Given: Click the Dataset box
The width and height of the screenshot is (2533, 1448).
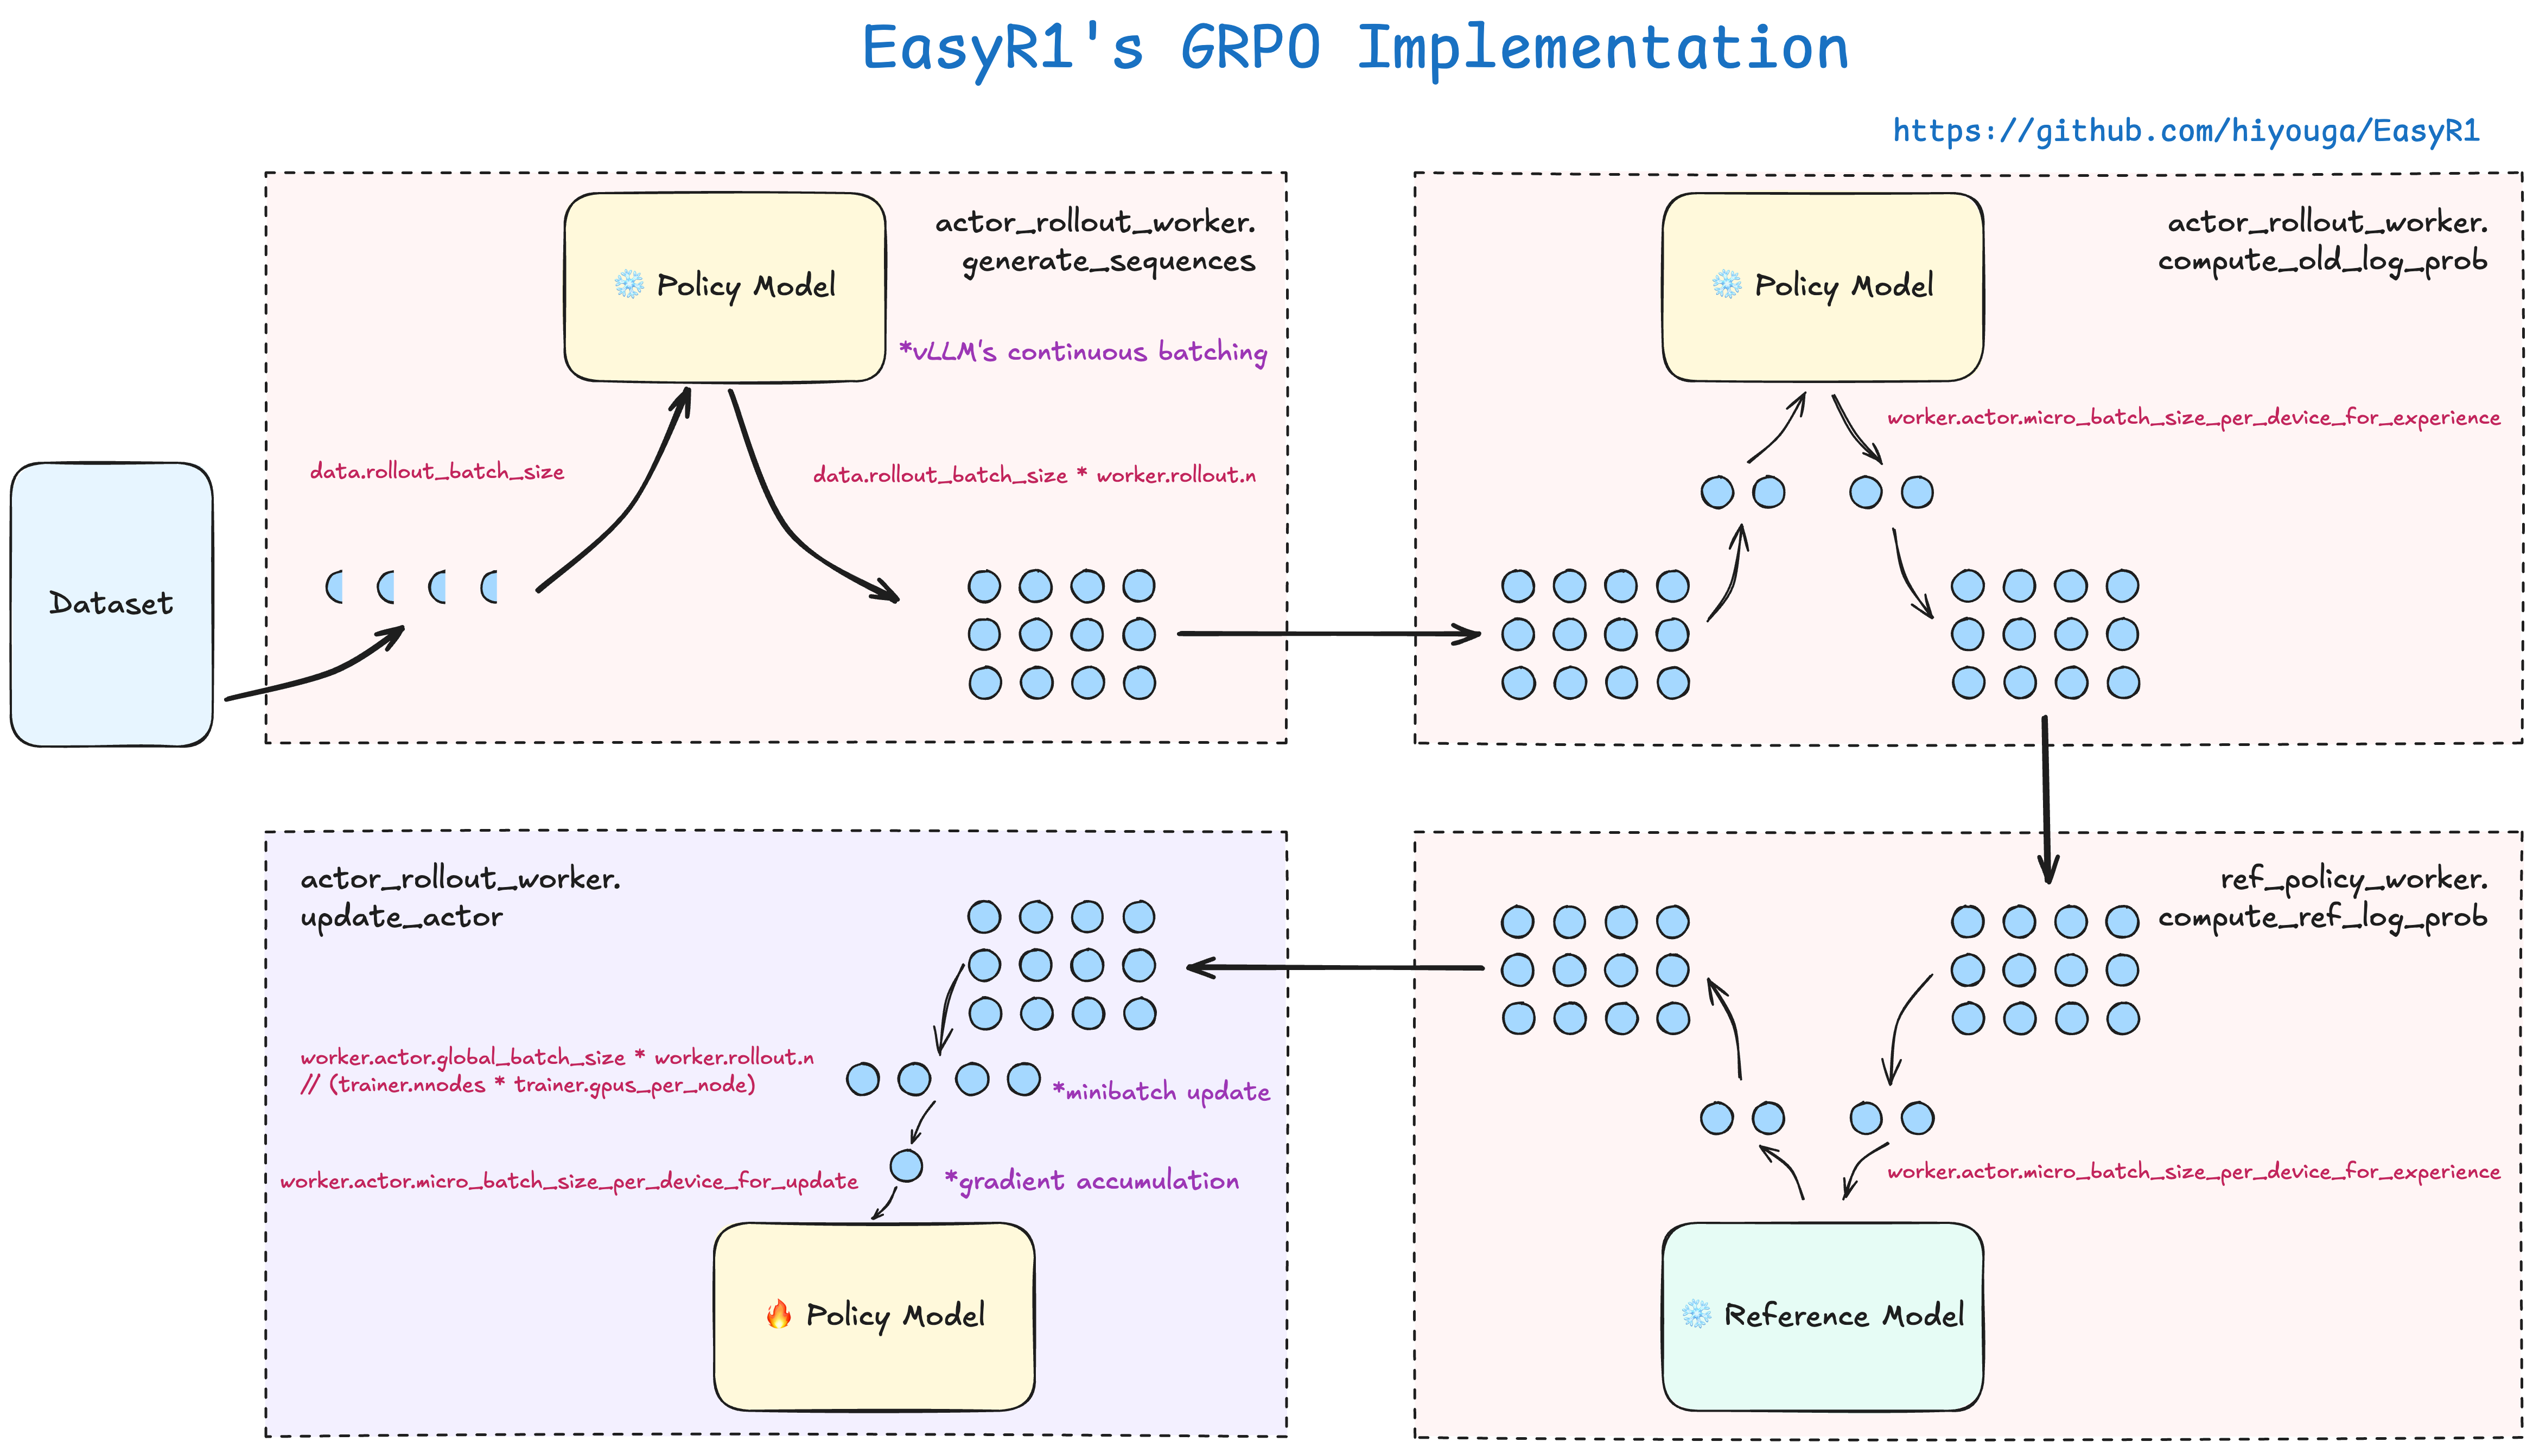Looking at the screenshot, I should pos(111,604).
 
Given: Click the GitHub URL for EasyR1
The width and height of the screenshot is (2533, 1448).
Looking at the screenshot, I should pos(2185,130).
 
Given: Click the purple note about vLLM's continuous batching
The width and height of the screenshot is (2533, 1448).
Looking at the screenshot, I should pos(1082,352).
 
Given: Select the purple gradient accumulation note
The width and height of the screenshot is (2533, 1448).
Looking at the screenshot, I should pos(1092,1181).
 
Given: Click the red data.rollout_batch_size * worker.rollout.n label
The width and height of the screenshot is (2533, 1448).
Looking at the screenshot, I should pos(1034,475).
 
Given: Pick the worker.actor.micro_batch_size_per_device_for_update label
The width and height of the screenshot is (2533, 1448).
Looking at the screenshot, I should pos(569,1182).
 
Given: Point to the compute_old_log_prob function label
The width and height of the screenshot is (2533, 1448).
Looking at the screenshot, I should pos(2322,260).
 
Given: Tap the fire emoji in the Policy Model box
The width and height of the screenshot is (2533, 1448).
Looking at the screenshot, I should pos(779,1314).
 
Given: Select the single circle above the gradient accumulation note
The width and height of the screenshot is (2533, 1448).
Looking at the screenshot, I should pos(906,1165).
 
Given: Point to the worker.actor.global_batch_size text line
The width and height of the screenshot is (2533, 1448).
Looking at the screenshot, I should pos(557,1057).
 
